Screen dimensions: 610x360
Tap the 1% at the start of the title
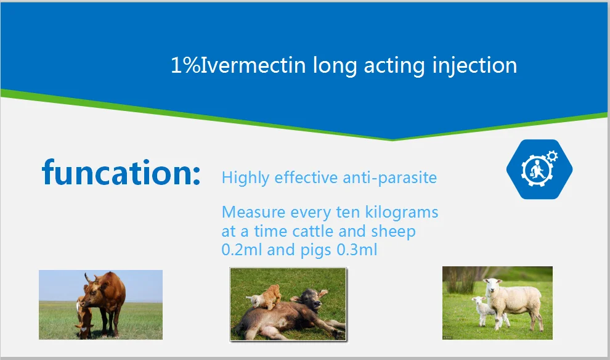[x=185, y=65]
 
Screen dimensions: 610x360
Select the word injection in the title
[x=474, y=66]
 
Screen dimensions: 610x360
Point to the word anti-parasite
[x=389, y=178]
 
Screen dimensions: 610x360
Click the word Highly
[x=245, y=178]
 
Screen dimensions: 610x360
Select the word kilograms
[x=402, y=213]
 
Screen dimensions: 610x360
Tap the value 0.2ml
[x=242, y=250]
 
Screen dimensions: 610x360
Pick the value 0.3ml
[x=357, y=250]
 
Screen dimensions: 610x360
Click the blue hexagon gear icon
[x=539, y=169]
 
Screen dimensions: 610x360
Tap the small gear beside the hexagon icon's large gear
[x=552, y=156]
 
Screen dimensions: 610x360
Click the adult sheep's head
[x=492, y=285]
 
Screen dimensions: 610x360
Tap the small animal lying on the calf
[x=264, y=297]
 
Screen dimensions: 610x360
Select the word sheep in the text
[x=393, y=232]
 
